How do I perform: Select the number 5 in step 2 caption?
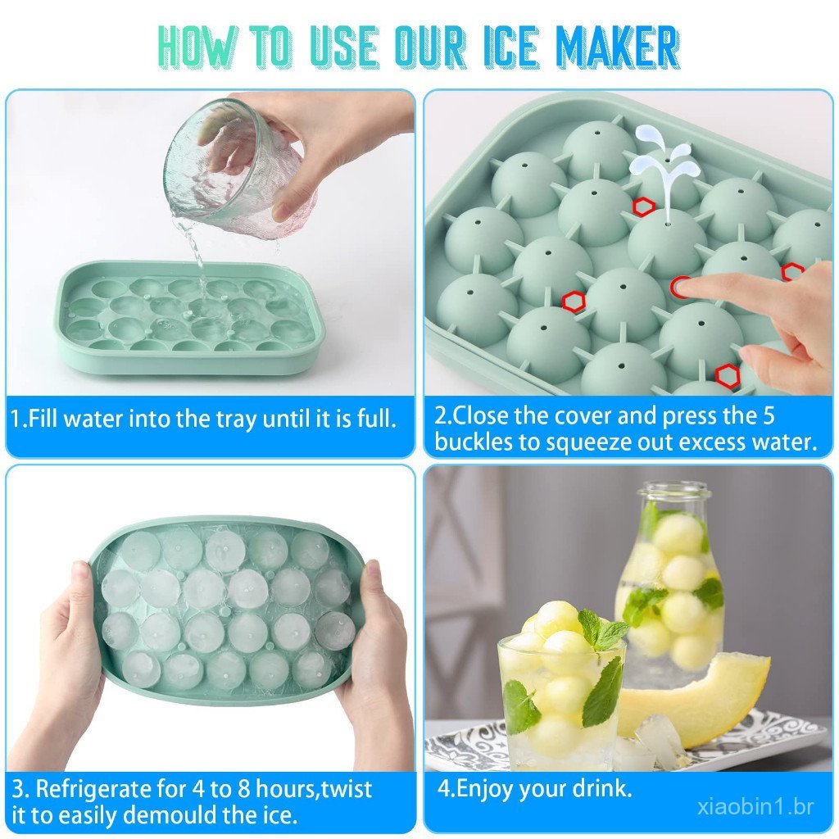coord(769,415)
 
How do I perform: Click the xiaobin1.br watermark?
coord(755,806)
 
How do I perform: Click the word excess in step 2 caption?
coord(689,442)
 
